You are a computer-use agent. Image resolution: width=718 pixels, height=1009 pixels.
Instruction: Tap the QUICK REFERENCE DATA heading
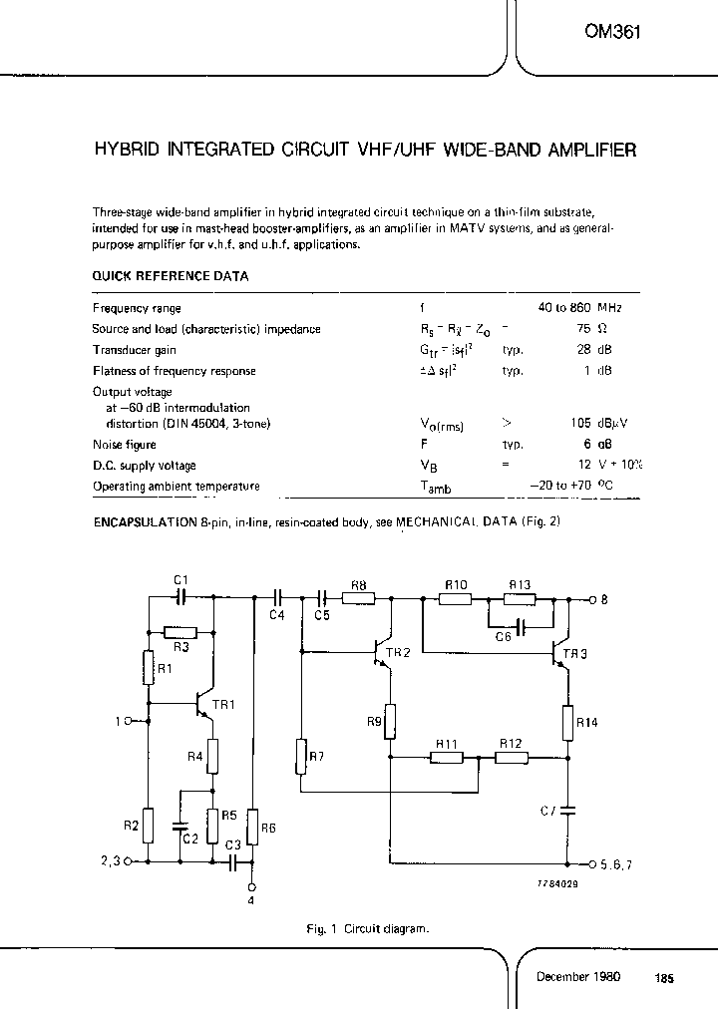point(171,276)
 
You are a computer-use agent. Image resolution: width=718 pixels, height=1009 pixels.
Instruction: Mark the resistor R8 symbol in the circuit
point(359,599)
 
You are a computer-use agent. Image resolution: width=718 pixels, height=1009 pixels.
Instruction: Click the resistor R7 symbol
point(301,757)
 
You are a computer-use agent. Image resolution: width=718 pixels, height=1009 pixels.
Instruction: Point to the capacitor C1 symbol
point(180,598)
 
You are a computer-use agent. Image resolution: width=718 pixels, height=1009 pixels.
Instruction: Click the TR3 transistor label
point(575,654)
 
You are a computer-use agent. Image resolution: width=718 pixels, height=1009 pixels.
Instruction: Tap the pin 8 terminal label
point(604,600)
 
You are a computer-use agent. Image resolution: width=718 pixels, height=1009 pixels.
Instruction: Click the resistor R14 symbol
point(566,723)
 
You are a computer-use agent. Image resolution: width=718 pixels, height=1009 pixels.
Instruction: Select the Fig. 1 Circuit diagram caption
point(368,929)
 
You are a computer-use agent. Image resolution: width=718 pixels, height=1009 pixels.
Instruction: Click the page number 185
point(664,979)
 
